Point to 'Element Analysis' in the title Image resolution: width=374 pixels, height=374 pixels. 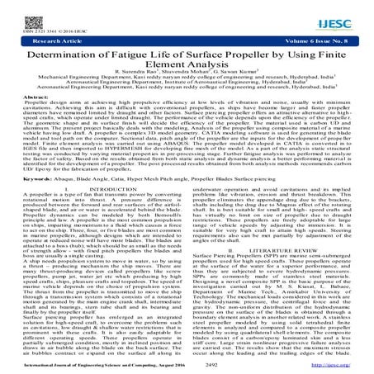click(x=187, y=68)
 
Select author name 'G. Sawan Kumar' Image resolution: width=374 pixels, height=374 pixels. click(x=222, y=79)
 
